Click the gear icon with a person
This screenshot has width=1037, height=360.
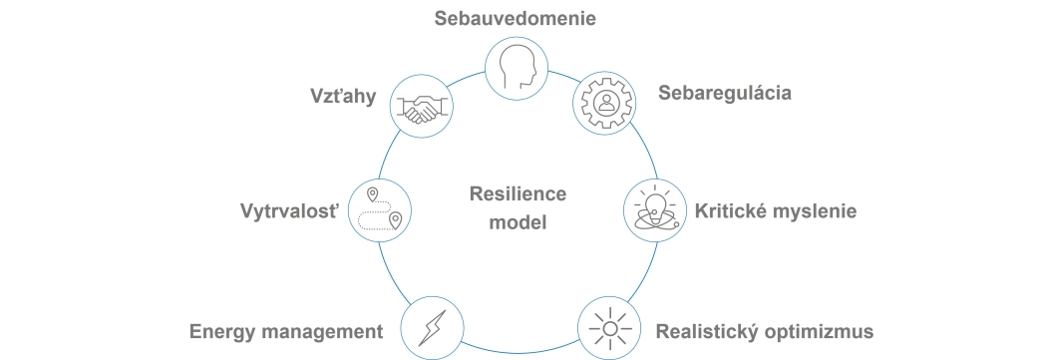pyautogui.click(x=604, y=101)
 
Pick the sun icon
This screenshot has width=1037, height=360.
pyautogui.click(x=609, y=327)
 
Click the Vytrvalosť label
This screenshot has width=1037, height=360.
pyautogui.click(x=290, y=211)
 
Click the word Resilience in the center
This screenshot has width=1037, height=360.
pyautogui.click(x=518, y=195)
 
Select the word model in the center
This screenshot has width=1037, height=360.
pyautogui.click(x=518, y=222)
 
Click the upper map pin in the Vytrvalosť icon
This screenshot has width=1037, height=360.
pyautogui.click(x=372, y=192)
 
